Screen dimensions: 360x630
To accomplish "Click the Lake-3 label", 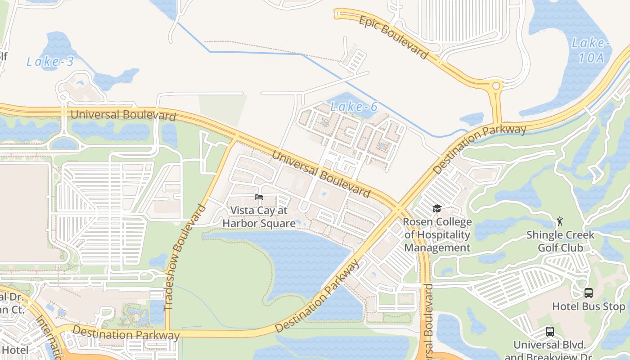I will (x=50, y=61).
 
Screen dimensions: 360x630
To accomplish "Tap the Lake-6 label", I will (x=354, y=107).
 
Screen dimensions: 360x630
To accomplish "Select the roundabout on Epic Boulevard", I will (x=496, y=85).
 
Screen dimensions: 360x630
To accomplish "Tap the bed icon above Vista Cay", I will (x=258, y=197).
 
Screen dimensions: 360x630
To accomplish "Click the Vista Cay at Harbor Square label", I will (x=259, y=216).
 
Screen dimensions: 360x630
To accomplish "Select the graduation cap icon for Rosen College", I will (x=436, y=208).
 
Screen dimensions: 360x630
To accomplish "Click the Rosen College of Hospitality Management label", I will (x=437, y=234).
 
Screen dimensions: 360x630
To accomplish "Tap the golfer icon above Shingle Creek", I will (x=560, y=221).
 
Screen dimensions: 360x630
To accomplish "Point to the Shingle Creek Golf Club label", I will (x=560, y=241).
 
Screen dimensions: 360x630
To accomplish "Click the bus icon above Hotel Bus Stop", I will (x=588, y=293).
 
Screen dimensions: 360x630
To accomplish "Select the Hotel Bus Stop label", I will (x=589, y=307).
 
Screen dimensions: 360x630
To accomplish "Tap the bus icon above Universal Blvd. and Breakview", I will (x=549, y=332).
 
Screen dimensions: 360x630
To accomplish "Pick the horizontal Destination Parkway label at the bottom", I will (x=126, y=334).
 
